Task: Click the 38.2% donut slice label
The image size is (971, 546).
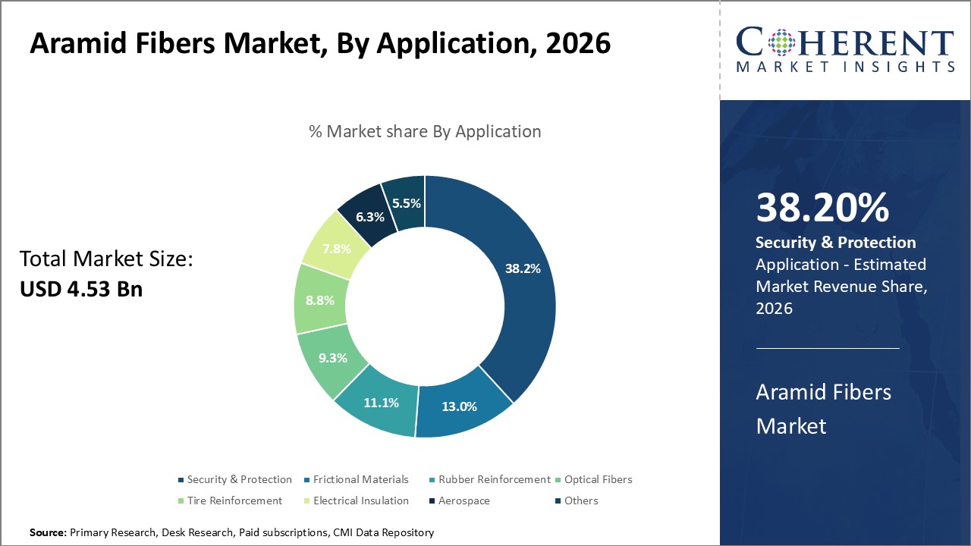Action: click(x=523, y=268)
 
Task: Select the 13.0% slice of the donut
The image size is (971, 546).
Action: click(x=460, y=406)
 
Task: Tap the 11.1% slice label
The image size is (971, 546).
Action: click(x=381, y=403)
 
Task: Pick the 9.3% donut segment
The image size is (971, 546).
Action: click(x=332, y=357)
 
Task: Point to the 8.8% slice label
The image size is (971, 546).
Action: click(x=319, y=300)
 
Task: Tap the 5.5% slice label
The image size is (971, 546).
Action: click(x=407, y=202)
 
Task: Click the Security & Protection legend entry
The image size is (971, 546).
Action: click(x=239, y=479)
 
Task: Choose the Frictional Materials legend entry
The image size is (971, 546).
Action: click(x=360, y=479)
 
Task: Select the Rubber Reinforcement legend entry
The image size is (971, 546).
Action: click(x=494, y=479)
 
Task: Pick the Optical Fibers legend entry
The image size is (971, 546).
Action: click(x=598, y=479)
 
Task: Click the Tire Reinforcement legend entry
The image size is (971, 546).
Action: click(x=234, y=500)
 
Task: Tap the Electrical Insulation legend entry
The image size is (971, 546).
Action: click(x=360, y=500)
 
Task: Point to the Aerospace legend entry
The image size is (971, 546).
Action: click(x=464, y=500)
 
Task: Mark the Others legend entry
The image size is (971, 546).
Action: click(x=581, y=500)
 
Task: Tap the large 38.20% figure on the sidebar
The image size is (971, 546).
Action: click(x=822, y=208)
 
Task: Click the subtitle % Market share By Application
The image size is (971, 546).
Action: click(x=425, y=131)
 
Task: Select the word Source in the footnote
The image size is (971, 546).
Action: click(x=48, y=533)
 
